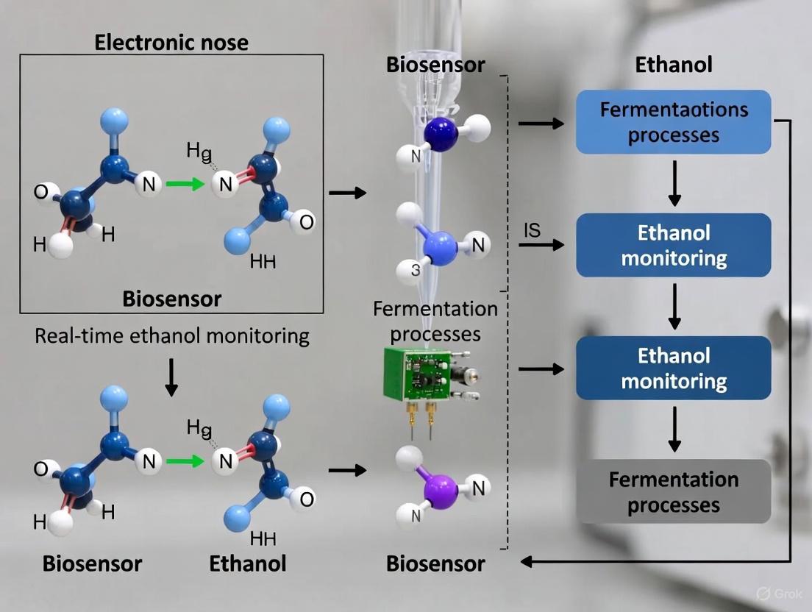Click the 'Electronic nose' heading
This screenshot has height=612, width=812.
point(171,42)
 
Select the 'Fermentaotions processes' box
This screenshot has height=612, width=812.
point(674,122)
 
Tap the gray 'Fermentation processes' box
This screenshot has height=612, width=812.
point(674,492)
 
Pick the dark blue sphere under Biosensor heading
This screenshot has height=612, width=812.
point(441,135)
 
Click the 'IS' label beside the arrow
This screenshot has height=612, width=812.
point(532,230)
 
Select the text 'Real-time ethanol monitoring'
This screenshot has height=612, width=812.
point(172,336)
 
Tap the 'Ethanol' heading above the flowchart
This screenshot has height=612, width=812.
point(674,64)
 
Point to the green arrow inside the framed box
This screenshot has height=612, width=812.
point(185,184)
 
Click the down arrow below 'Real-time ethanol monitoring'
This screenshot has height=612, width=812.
point(171,378)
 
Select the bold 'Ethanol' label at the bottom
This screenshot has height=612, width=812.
point(247,564)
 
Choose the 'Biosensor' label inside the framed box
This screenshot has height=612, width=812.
point(171,299)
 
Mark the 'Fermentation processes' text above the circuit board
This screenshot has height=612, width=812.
point(435,321)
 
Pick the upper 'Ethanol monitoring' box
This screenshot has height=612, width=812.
point(674,246)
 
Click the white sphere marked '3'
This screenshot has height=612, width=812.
point(415,270)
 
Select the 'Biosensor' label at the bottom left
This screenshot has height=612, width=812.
point(92,564)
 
